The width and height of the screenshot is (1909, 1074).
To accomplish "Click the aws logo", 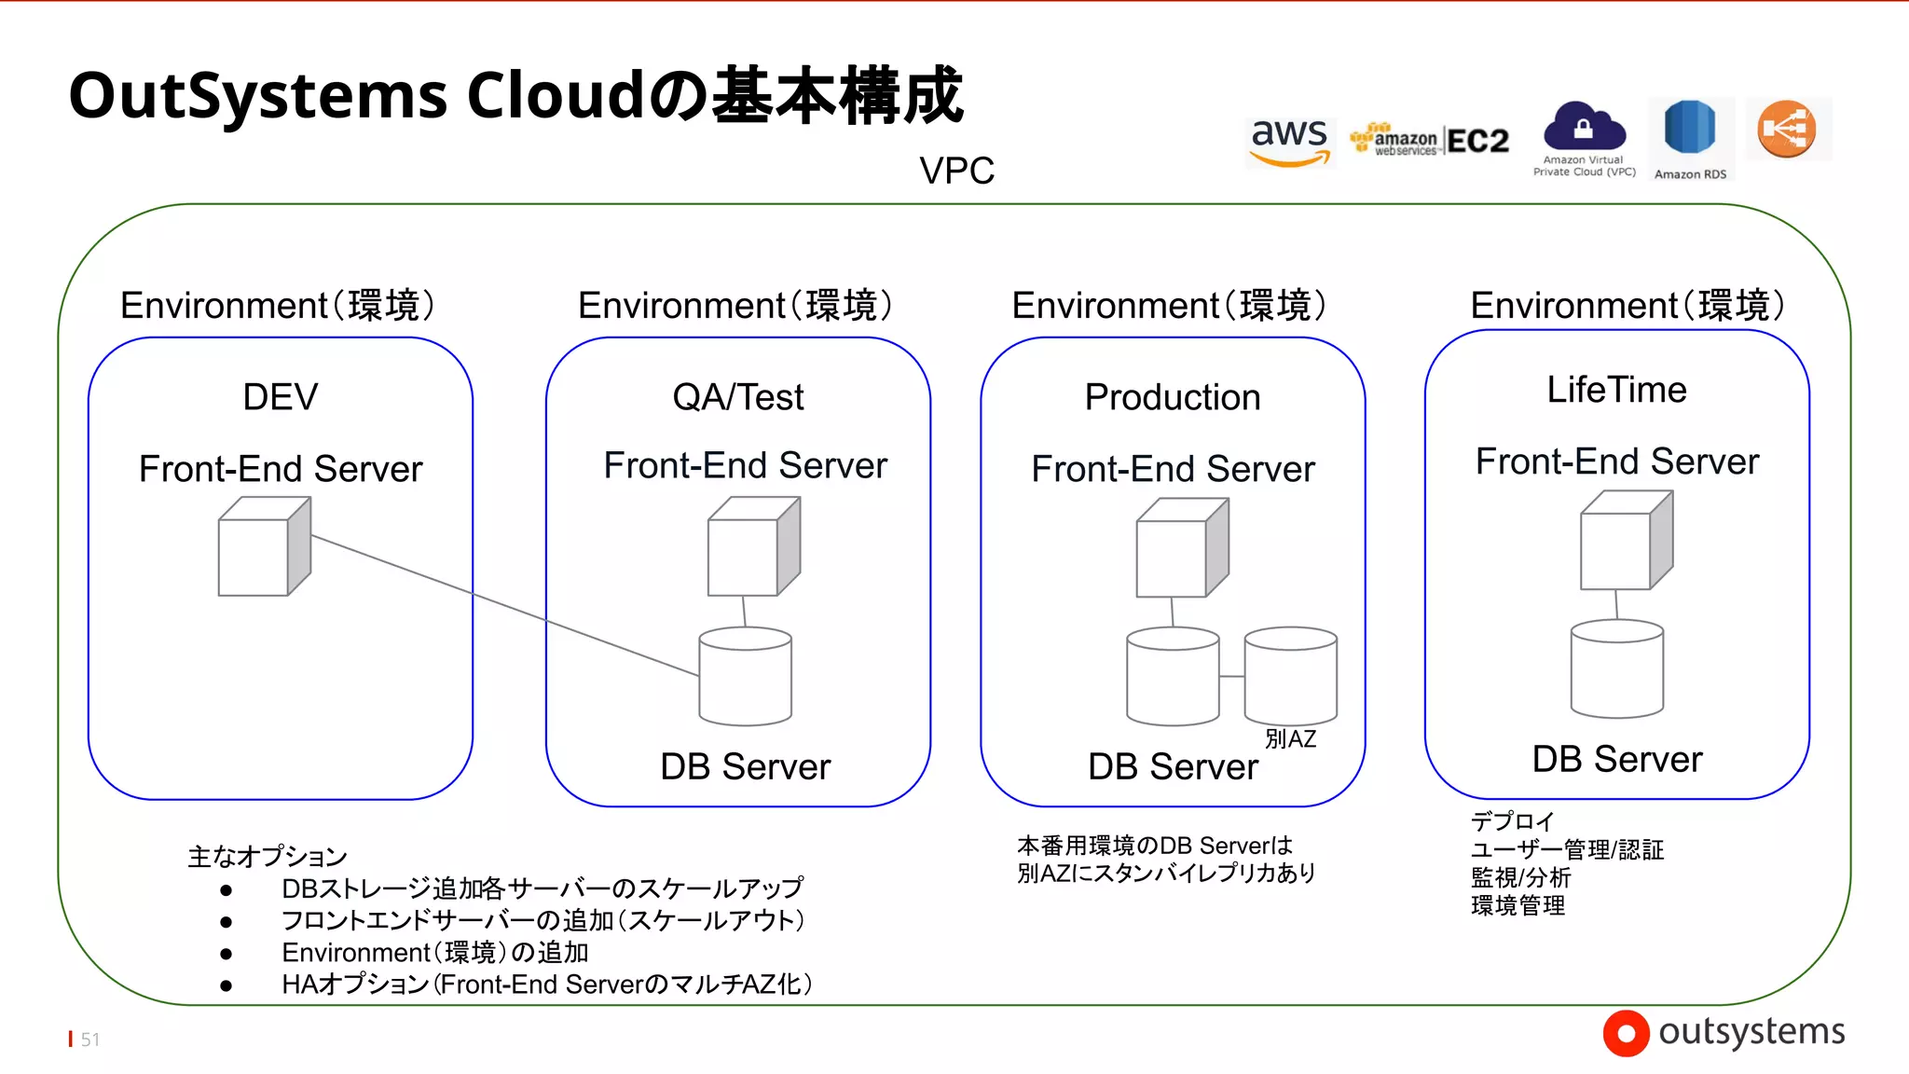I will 1290,142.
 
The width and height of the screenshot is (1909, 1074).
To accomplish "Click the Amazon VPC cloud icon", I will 1584,127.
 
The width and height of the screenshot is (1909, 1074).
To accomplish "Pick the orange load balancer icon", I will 1787,129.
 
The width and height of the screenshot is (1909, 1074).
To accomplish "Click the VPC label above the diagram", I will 956,171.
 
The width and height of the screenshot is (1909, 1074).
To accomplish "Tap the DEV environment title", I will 280,397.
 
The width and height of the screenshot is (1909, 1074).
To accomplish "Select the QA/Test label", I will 737,397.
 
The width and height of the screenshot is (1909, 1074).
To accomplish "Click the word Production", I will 1172,397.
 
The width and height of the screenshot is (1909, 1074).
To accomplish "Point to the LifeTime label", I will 1616,390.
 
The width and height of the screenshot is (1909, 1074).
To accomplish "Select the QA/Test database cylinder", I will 745,677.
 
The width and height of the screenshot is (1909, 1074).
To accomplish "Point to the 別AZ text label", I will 1290,739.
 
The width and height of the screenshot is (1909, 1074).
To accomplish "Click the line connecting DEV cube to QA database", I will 503,604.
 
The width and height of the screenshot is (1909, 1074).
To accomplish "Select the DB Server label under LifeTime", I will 1616,759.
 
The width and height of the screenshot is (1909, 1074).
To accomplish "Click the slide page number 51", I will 89,1040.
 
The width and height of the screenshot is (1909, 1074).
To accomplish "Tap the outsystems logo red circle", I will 1626,1033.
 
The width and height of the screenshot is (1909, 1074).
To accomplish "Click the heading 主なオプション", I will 268,856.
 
